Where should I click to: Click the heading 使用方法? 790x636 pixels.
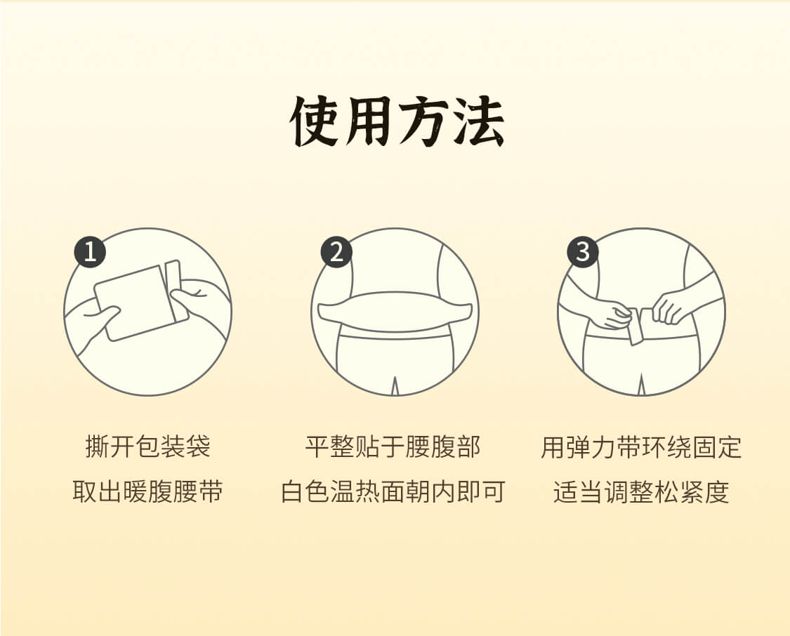pos(397,121)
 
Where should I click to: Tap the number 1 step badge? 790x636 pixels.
pos(90,252)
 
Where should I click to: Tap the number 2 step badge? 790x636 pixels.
pos(336,252)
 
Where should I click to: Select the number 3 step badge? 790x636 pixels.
pos(583,252)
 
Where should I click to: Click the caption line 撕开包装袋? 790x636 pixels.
pos(147,446)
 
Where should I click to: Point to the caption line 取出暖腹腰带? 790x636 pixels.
pos(147,491)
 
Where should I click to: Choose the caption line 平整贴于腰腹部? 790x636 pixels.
pos(393,446)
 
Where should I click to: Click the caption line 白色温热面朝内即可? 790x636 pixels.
pos(393,491)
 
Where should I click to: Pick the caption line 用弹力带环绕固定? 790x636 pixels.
pos(641,446)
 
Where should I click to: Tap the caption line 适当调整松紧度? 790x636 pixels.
pos(641,491)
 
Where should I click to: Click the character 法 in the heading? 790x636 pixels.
pos(479,121)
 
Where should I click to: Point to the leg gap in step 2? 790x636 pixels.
pos(395,385)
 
